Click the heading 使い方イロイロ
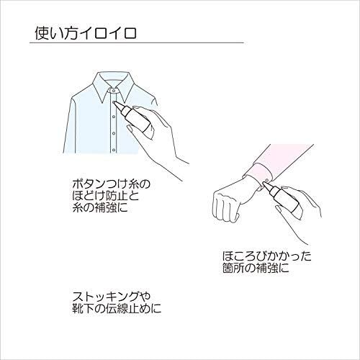pos(86,33)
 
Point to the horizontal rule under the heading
pos(137,43)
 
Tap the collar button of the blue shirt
pos(114,91)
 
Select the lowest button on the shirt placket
pos(114,150)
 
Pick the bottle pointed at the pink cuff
pos(282,199)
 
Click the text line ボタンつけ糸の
pos(112,185)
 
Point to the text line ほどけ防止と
pos(106,197)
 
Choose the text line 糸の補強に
pos(100,208)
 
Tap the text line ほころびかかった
pos(267,256)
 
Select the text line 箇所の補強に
pos(256,268)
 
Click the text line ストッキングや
pos(112,297)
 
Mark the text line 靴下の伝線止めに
pos(117,308)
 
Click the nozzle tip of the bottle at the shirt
pos(114,102)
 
